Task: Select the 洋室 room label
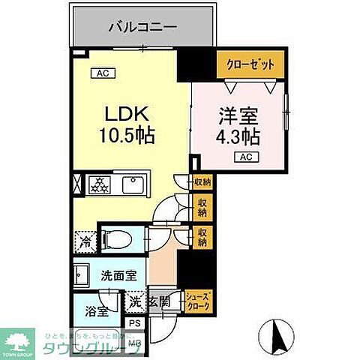coord(238,117)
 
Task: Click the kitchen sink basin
coord(133,183)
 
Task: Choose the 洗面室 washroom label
coord(118,275)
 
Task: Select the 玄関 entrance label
coord(158,303)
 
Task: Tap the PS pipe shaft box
coord(135,323)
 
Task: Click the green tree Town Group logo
coord(18,338)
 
